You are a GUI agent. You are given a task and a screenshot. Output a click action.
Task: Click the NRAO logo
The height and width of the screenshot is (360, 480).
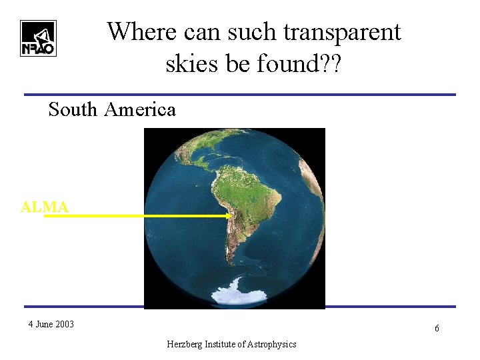pos(38,38)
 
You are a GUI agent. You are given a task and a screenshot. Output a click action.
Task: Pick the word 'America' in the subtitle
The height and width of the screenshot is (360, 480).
pos(140,109)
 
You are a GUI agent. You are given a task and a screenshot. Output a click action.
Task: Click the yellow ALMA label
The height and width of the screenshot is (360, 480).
pos(44,207)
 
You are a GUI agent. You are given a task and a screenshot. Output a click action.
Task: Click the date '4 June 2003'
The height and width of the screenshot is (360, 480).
pos(51,325)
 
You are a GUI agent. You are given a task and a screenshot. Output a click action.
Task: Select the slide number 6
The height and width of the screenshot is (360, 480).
pos(437,329)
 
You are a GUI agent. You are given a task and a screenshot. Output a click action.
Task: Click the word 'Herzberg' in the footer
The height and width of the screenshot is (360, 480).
pos(185,344)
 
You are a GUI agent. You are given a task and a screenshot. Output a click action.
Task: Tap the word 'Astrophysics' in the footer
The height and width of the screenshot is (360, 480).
pos(271,344)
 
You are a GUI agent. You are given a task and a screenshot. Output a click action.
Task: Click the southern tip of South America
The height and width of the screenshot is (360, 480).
pos(229,264)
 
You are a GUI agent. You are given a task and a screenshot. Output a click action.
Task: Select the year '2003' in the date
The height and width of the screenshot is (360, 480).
pos(64,325)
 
